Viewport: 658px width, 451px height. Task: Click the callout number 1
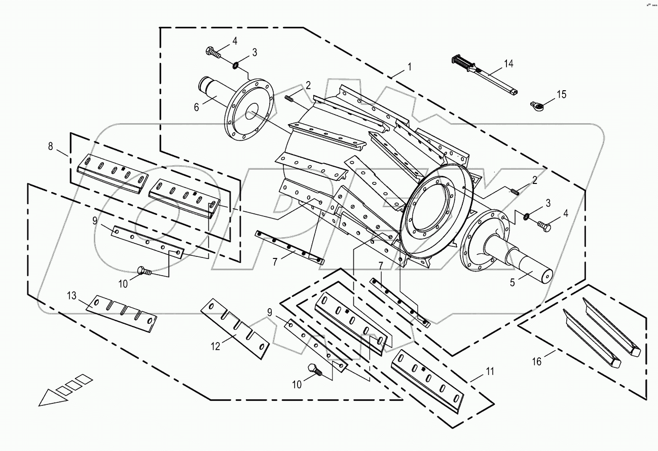(x=409, y=66)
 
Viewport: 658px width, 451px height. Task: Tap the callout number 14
(x=508, y=63)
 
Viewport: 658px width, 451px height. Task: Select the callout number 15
(x=561, y=94)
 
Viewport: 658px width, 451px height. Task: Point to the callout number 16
(x=537, y=361)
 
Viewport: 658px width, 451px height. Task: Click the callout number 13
(x=72, y=295)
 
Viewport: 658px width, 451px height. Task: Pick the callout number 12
(x=216, y=346)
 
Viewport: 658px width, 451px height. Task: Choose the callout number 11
(x=489, y=371)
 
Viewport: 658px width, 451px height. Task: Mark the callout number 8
(x=50, y=146)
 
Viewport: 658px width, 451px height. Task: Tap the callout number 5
(x=513, y=282)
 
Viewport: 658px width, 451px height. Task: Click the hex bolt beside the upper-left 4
(x=212, y=52)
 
